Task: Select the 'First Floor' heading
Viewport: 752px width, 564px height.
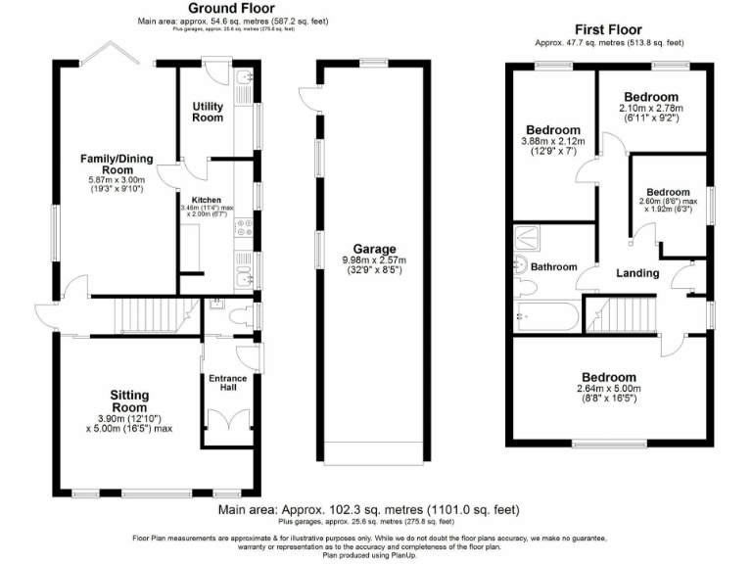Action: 609,30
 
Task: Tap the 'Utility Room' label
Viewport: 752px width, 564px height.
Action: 208,111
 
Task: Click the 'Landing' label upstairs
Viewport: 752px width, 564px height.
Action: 637,273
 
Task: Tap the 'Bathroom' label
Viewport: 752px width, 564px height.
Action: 554,266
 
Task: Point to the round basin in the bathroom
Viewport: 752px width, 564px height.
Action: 520,265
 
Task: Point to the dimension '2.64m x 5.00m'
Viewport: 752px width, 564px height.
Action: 609,389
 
